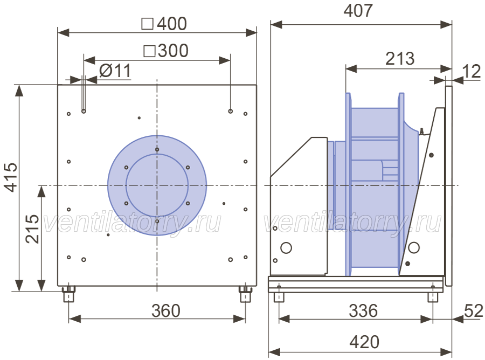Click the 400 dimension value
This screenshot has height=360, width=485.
172,24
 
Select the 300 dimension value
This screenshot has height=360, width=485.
173,51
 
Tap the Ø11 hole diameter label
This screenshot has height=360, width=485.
115,71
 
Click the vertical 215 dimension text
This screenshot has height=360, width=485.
32,229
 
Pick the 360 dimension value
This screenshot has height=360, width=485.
166,311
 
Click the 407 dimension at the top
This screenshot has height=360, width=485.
358,11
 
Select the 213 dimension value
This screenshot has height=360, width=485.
400,58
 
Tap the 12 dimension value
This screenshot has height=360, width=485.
472,72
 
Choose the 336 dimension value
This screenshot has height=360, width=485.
363,311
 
